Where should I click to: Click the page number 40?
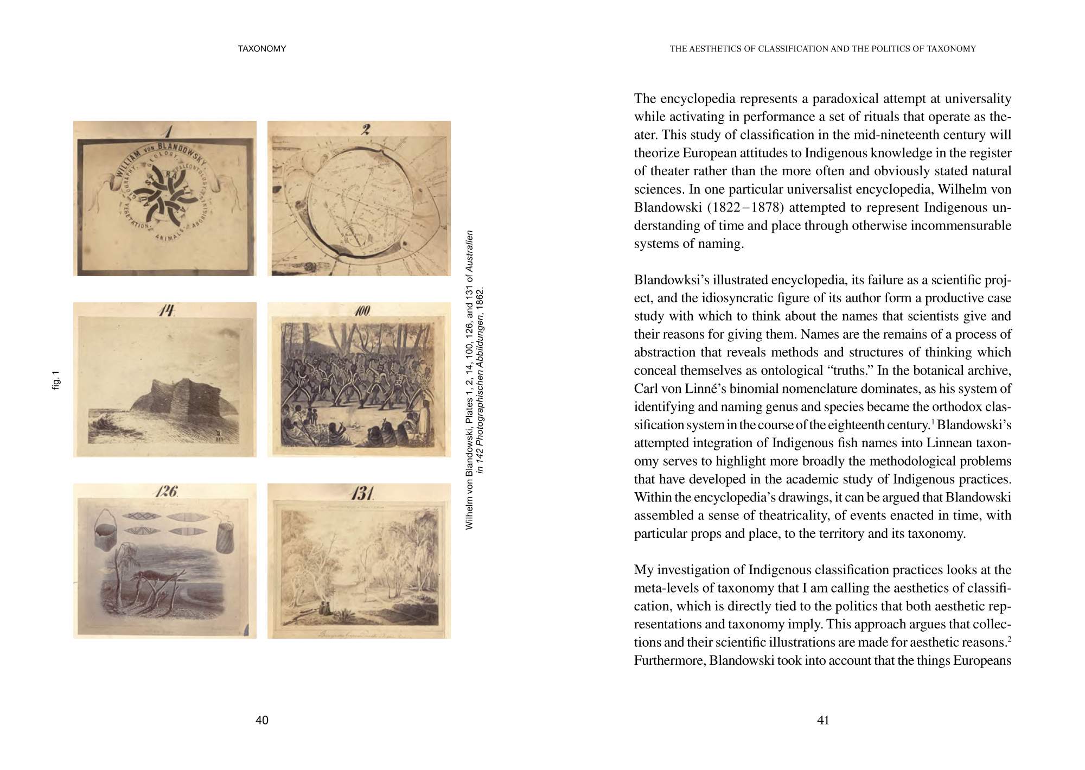pos(261,720)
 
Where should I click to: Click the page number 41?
pos(823,720)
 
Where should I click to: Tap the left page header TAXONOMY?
pos(262,49)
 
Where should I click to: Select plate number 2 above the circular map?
pos(366,129)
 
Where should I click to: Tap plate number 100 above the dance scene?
pos(362,311)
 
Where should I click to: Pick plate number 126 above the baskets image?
pos(166,492)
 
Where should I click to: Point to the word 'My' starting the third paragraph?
pos(643,570)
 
